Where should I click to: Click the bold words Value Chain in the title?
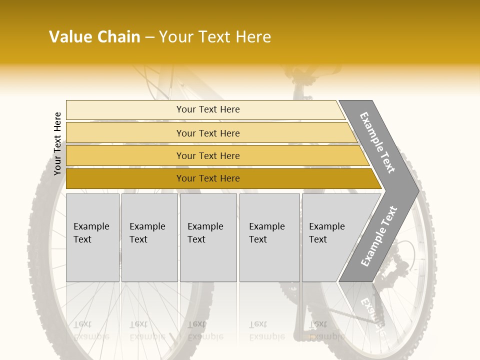pos(94,37)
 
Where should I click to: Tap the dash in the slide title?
pos(149,37)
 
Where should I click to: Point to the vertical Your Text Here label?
pos(57,143)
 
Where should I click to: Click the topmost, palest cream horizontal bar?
pos(207,109)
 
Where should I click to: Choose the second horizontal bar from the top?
pos(207,133)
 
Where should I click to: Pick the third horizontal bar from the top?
pos(207,155)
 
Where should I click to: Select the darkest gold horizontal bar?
pos(207,178)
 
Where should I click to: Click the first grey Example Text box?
pos(92,237)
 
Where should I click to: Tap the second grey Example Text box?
pos(149,237)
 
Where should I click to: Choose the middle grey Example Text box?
pos(208,237)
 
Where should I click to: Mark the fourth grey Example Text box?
pos(269,237)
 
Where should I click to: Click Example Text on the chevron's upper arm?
pos(377,142)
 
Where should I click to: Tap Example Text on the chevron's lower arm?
pos(379,236)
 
